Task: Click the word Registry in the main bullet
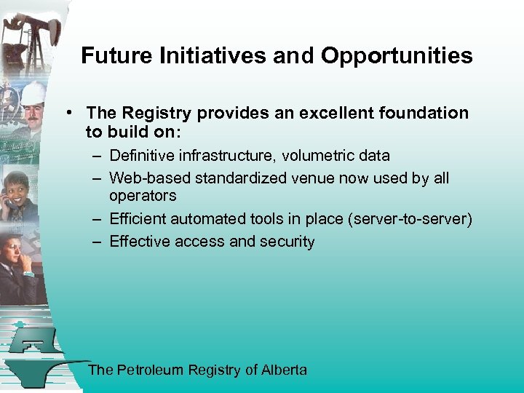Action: [157, 113]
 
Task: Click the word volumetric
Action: [319, 156]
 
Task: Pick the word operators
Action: [143, 196]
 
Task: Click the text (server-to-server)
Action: [412, 219]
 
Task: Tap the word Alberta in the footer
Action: [285, 370]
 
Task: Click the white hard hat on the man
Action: [33, 93]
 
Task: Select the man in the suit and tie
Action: [18, 262]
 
